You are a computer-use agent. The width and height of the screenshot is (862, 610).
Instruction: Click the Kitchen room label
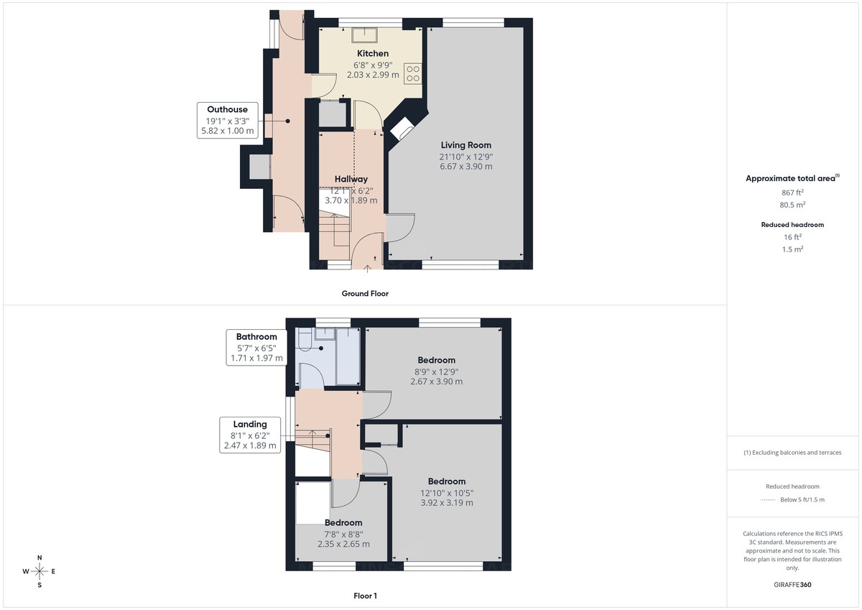tap(373, 54)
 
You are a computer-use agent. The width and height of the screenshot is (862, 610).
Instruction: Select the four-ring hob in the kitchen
tap(413, 73)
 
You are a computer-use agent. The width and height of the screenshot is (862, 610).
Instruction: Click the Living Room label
tap(465, 145)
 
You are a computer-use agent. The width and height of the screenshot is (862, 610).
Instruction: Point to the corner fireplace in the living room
tap(402, 130)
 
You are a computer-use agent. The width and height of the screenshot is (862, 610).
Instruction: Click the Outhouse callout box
tap(227, 120)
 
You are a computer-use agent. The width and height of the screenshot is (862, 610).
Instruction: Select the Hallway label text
tap(351, 179)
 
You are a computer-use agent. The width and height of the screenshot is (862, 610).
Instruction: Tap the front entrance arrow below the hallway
tap(368, 269)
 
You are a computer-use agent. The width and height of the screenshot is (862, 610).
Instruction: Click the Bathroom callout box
tap(256, 347)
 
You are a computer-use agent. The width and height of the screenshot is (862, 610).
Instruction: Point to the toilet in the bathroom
tap(303, 341)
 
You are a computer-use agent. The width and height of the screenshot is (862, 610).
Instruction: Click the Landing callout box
tap(249, 435)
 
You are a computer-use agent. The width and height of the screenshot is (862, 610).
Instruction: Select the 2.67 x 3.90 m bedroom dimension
tap(436, 382)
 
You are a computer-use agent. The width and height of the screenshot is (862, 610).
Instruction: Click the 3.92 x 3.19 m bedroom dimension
tap(446, 503)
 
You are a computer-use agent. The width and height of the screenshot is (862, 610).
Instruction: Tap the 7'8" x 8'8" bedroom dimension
tap(343, 534)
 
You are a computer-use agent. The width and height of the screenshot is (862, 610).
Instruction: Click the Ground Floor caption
tap(366, 293)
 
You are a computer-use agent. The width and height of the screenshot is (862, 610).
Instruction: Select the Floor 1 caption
tap(365, 596)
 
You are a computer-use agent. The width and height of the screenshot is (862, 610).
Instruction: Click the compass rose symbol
tap(40, 571)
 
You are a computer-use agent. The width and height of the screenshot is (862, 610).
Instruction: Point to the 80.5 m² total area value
tap(792, 204)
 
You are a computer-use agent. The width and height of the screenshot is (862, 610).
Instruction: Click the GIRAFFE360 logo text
tap(792, 585)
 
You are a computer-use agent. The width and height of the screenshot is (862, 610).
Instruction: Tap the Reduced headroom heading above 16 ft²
tap(792, 225)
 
